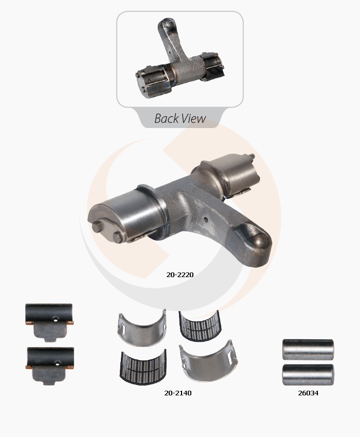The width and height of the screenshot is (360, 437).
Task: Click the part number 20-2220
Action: pos(180,275)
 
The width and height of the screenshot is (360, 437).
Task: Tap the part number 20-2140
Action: pos(178,393)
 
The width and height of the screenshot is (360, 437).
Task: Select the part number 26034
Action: pos(308,393)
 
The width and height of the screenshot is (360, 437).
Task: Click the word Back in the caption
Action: pos(167,118)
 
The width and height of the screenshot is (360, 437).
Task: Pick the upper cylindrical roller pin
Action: pos(308,350)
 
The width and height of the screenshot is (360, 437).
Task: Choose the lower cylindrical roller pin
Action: pos(308,375)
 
